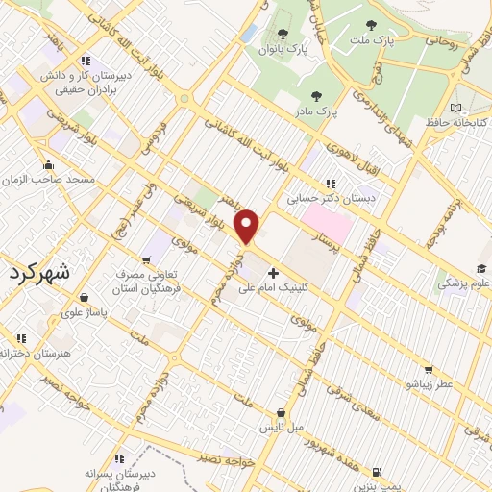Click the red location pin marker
(249, 225)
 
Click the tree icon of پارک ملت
(371, 25)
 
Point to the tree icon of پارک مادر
(316, 95)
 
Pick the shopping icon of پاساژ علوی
(85, 297)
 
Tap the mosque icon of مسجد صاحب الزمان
(48, 164)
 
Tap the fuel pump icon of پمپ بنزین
(376, 472)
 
